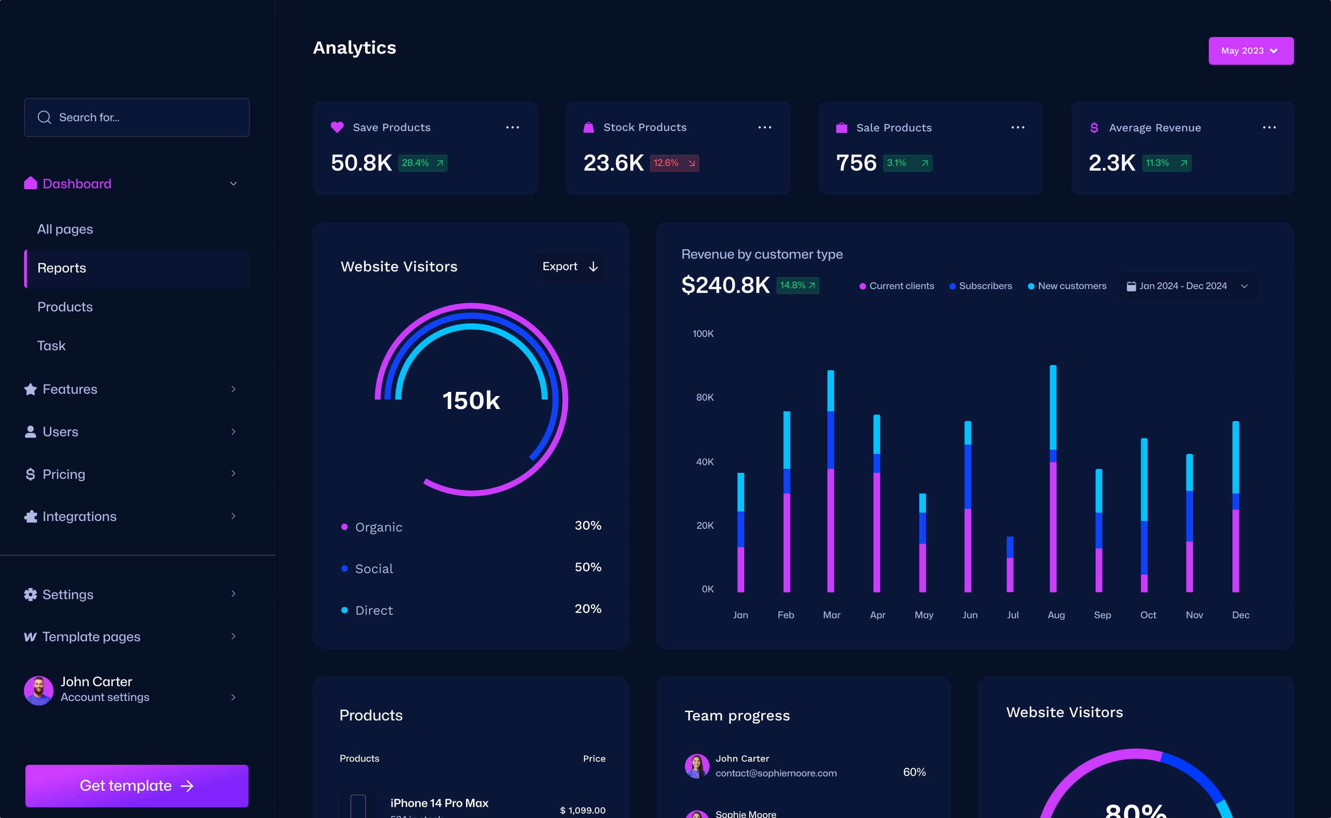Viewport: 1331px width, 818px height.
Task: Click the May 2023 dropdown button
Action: tap(1250, 51)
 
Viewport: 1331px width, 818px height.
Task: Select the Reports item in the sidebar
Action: tap(62, 268)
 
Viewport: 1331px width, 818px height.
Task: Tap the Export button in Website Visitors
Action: tap(570, 266)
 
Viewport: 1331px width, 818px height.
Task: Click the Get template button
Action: tap(137, 786)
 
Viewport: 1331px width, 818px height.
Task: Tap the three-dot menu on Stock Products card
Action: tap(764, 128)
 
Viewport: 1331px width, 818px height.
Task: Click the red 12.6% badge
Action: tap(674, 163)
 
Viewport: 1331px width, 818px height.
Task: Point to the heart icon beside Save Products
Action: tap(337, 127)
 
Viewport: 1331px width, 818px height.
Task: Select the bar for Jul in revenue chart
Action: tap(1010, 564)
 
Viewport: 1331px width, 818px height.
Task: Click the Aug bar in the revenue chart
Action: tap(1053, 479)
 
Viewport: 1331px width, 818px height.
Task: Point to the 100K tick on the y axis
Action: tap(703, 334)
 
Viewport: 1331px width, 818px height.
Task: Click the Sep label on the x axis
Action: tap(1102, 615)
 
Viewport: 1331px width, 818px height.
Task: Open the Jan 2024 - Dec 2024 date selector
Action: tap(1188, 286)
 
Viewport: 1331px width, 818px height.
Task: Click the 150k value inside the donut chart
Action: tap(471, 401)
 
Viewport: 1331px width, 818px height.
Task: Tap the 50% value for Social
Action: tap(588, 567)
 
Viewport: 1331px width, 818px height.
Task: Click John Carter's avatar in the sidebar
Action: tap(38, 690)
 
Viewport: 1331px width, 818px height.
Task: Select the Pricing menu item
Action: tap(64, 474)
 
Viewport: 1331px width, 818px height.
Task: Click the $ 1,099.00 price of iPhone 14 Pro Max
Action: tap(582, 810)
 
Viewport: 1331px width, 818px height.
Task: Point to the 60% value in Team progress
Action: tap(914, 772)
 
